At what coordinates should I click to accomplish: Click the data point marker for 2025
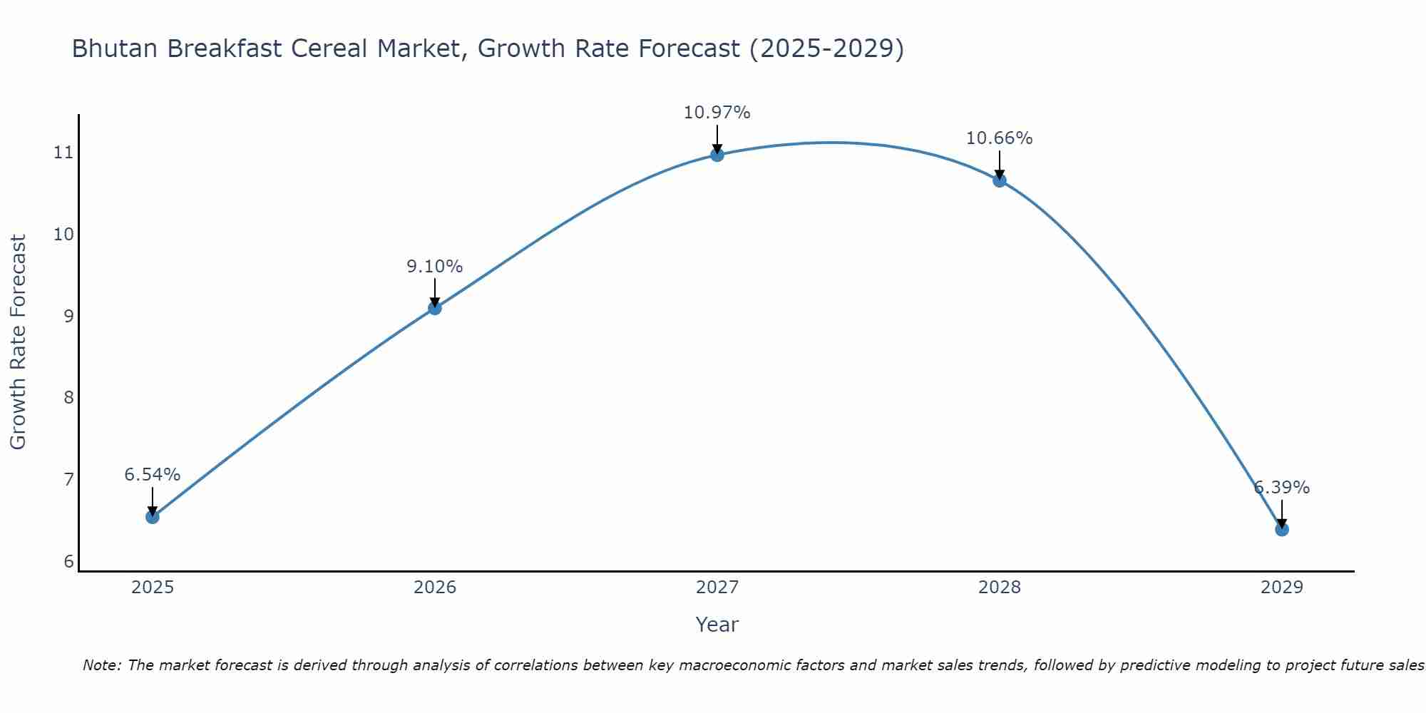pos(153,517)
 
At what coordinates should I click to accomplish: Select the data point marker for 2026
pos(435,308)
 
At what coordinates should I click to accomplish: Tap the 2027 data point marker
pos(717,155)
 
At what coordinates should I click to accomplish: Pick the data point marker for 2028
pos(1000,180)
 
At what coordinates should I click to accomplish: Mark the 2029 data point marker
pos(1282,529)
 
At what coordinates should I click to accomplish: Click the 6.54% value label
pos(153,475)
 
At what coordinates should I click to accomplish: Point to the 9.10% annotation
pos(435,267)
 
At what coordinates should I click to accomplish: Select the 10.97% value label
pos(717,113)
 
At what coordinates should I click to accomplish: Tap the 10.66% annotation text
pos(1000,138)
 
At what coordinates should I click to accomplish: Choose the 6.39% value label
pos(1282,488)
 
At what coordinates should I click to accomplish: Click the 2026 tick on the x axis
pos(435,588)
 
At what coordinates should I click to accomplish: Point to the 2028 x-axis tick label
pos(1000,588)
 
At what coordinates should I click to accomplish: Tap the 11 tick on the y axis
pos(64,153)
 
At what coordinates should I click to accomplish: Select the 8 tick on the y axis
pos(68,398)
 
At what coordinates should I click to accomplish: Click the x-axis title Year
pos(717,625)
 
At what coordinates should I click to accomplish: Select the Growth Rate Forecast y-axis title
pos(18,342)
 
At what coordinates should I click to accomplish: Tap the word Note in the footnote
pos(101,666)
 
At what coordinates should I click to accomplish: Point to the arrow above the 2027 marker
pos(717,140)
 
